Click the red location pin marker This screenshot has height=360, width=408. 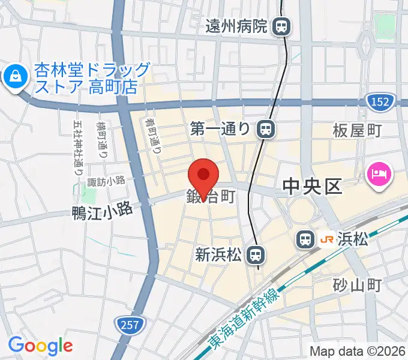click(203, 175)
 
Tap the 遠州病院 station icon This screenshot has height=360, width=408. click(281, 26)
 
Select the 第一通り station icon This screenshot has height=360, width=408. click(265, 128)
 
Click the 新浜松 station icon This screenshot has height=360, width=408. click(256, 255)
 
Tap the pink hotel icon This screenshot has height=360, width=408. click(378, 175)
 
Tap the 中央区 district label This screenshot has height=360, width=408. click(312, 187)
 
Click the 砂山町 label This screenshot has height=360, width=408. click(358, 285)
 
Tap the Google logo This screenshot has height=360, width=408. click(41, 346)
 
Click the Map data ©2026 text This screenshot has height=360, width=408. click(358, 350)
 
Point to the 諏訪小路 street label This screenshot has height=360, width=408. click(106, 181)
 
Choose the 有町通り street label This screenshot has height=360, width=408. click(152, 136)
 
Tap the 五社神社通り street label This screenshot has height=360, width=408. click(79, 147)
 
